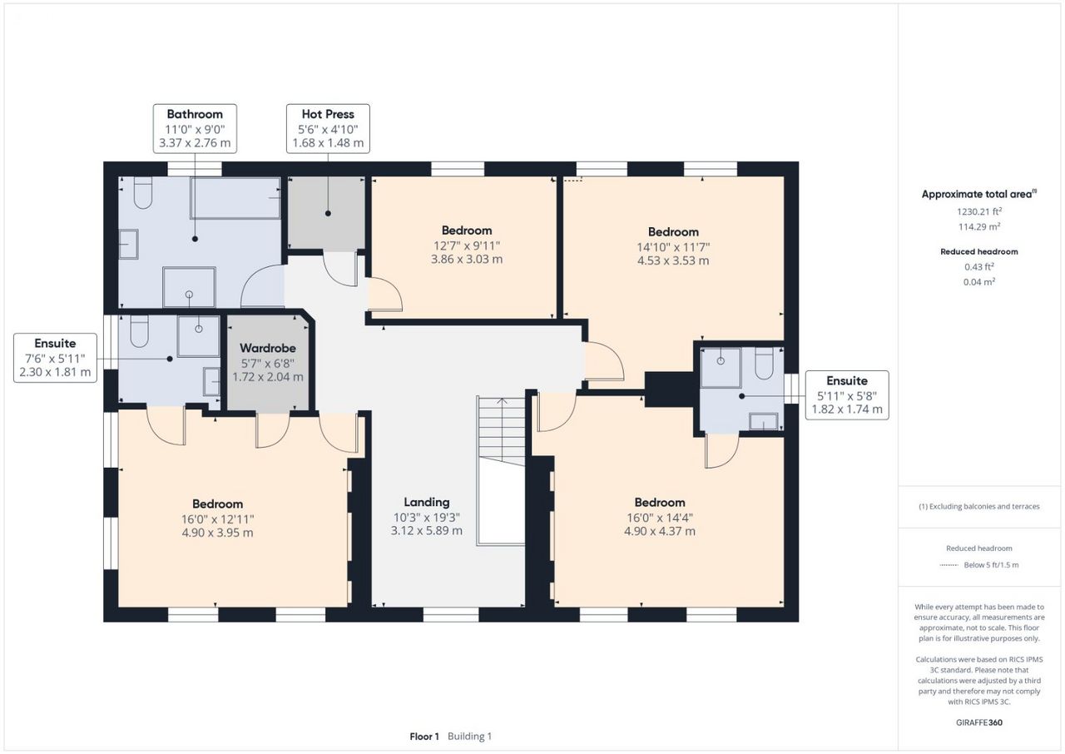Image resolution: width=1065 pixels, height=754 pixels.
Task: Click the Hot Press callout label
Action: coord(328,128)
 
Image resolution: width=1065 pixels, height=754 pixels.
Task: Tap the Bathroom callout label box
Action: coord(195,128)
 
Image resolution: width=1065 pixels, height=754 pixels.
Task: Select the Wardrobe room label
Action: coord(268,348)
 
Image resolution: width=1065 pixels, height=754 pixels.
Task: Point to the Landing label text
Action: coord(427,502)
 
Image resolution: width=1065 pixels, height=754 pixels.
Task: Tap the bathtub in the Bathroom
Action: coord(235,198)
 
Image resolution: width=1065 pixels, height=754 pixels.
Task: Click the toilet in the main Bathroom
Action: coord(142,192)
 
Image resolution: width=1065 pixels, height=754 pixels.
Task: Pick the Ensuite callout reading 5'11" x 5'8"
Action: coord(847,395)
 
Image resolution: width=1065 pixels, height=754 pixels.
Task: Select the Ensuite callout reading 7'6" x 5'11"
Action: coord(55,358)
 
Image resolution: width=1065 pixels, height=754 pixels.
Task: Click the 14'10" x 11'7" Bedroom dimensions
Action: coord(673,246)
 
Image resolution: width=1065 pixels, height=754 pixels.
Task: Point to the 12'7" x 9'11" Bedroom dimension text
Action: coord(467,246)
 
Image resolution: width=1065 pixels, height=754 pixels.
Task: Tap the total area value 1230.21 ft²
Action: coord(979,211)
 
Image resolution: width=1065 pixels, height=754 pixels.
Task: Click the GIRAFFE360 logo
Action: coord(979,722)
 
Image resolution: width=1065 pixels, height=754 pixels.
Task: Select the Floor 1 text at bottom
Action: coord(424,737)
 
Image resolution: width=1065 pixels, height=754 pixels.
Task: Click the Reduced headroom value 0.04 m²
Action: coord(979,282)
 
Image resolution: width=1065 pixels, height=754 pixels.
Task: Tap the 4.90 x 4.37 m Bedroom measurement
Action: coord(660,531)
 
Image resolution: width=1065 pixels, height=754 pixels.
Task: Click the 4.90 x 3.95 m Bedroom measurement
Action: coord(217,533)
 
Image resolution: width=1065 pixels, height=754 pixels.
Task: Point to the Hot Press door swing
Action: coord(340,269)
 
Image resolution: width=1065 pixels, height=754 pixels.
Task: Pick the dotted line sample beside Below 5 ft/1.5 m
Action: coord(949,565)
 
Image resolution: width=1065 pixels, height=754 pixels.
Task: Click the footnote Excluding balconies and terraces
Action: coord(979,506)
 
